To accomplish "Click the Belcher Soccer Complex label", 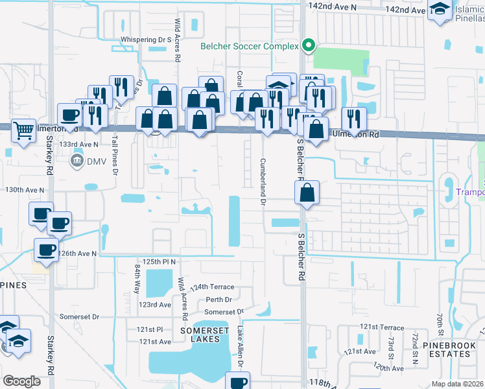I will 249,46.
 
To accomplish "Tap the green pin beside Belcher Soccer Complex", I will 309,46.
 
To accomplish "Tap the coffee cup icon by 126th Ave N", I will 46,250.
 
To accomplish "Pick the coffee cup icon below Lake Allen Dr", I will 237,382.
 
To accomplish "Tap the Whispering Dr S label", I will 145,40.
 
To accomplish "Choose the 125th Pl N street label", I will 160,261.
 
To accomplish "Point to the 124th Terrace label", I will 212,287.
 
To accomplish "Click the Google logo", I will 22,381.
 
